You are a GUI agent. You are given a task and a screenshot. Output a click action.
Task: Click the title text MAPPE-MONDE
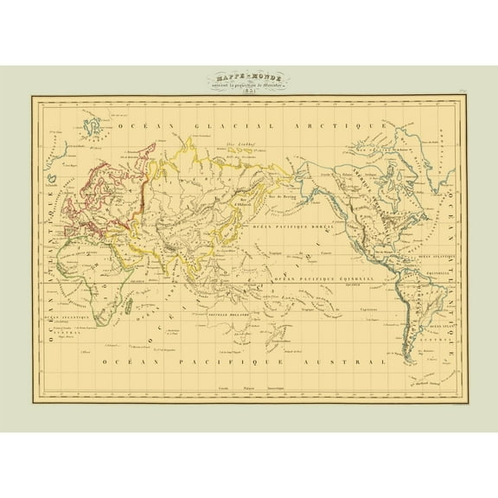[x=248, y=77]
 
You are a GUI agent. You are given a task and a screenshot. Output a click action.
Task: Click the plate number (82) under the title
[x=248, y=91]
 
